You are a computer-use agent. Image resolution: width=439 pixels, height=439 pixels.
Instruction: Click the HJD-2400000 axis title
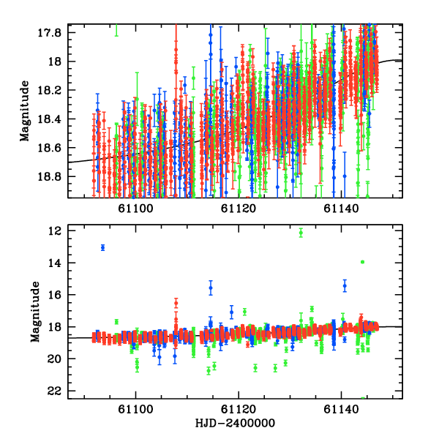tap(234, 424)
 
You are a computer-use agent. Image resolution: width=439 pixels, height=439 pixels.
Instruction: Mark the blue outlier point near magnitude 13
tap(102, 247)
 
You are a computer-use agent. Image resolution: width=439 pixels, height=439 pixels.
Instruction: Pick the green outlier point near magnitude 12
tap(301, 233)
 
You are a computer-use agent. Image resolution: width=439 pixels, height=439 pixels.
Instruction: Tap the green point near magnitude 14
tap(362, 262)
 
